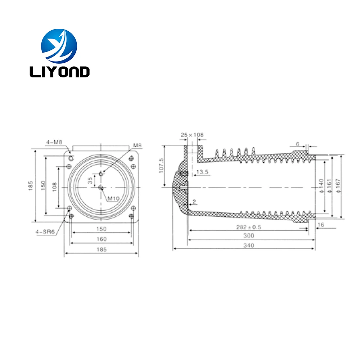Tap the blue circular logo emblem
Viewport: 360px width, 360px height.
[59, 46]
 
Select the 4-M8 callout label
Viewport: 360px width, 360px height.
[54, 142]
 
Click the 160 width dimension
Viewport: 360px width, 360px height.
[102, 239]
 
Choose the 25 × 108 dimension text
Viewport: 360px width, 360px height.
[192, 135]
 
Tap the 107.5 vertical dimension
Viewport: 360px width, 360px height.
[162, 165]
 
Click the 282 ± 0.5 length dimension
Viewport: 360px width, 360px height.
[249, 227]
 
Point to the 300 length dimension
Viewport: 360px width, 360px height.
[249, 235]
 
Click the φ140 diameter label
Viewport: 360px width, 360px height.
[321, 186]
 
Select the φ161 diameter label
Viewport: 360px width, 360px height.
[329, 186]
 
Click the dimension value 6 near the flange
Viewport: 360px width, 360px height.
[298, 144]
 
